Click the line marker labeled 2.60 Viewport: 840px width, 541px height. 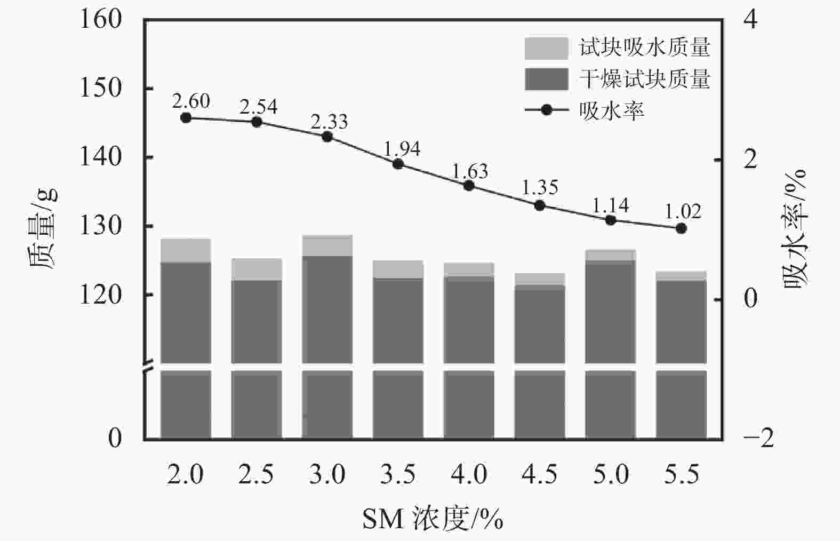pos(186,118)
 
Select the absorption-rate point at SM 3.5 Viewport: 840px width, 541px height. pos(398,164)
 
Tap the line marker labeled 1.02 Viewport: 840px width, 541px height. pos(681,228)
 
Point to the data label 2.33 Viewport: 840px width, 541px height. pos(329,122)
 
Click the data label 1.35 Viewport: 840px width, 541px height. pos(540,188)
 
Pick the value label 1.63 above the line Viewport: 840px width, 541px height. pos(470,171)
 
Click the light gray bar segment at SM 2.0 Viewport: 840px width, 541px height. pos(186,251)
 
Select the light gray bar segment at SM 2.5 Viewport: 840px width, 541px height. pos(257,269)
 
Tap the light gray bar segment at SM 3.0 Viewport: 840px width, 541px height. pos(327,246)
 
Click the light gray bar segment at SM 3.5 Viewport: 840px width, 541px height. pos(398,269)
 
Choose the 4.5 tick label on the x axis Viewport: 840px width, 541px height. pos(540,474)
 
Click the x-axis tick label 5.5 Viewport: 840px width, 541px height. pos(681,474)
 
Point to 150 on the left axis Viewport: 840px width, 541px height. pos(101,88)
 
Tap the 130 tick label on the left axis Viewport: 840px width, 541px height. pos(101,226)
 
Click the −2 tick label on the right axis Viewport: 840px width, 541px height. pos(758,438)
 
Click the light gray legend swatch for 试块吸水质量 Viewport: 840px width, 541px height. pos(546,48)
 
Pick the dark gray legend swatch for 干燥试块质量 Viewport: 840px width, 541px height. pos(546,79)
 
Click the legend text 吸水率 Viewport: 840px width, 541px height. pos(612,110)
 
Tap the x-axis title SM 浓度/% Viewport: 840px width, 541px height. pos(433,518)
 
